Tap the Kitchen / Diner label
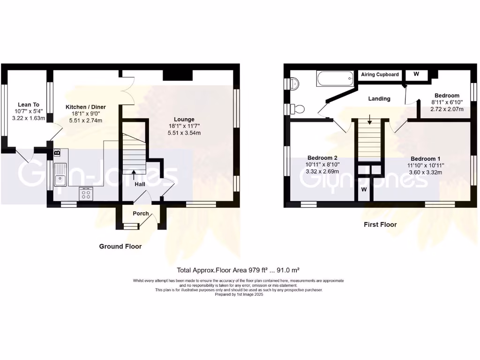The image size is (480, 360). (86, 107)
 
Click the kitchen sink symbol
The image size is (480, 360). (60, 173)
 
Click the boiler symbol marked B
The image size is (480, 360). (57, 153)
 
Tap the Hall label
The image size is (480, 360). (140, 184)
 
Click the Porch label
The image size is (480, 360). (141, 213)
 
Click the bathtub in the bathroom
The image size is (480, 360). (335, 79)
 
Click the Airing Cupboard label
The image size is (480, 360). (380, 75)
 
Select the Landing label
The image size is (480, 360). (379, 98)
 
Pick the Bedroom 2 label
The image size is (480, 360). (323, 158)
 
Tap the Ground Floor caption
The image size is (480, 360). (120, 246)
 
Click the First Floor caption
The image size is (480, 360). (380, 225)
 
